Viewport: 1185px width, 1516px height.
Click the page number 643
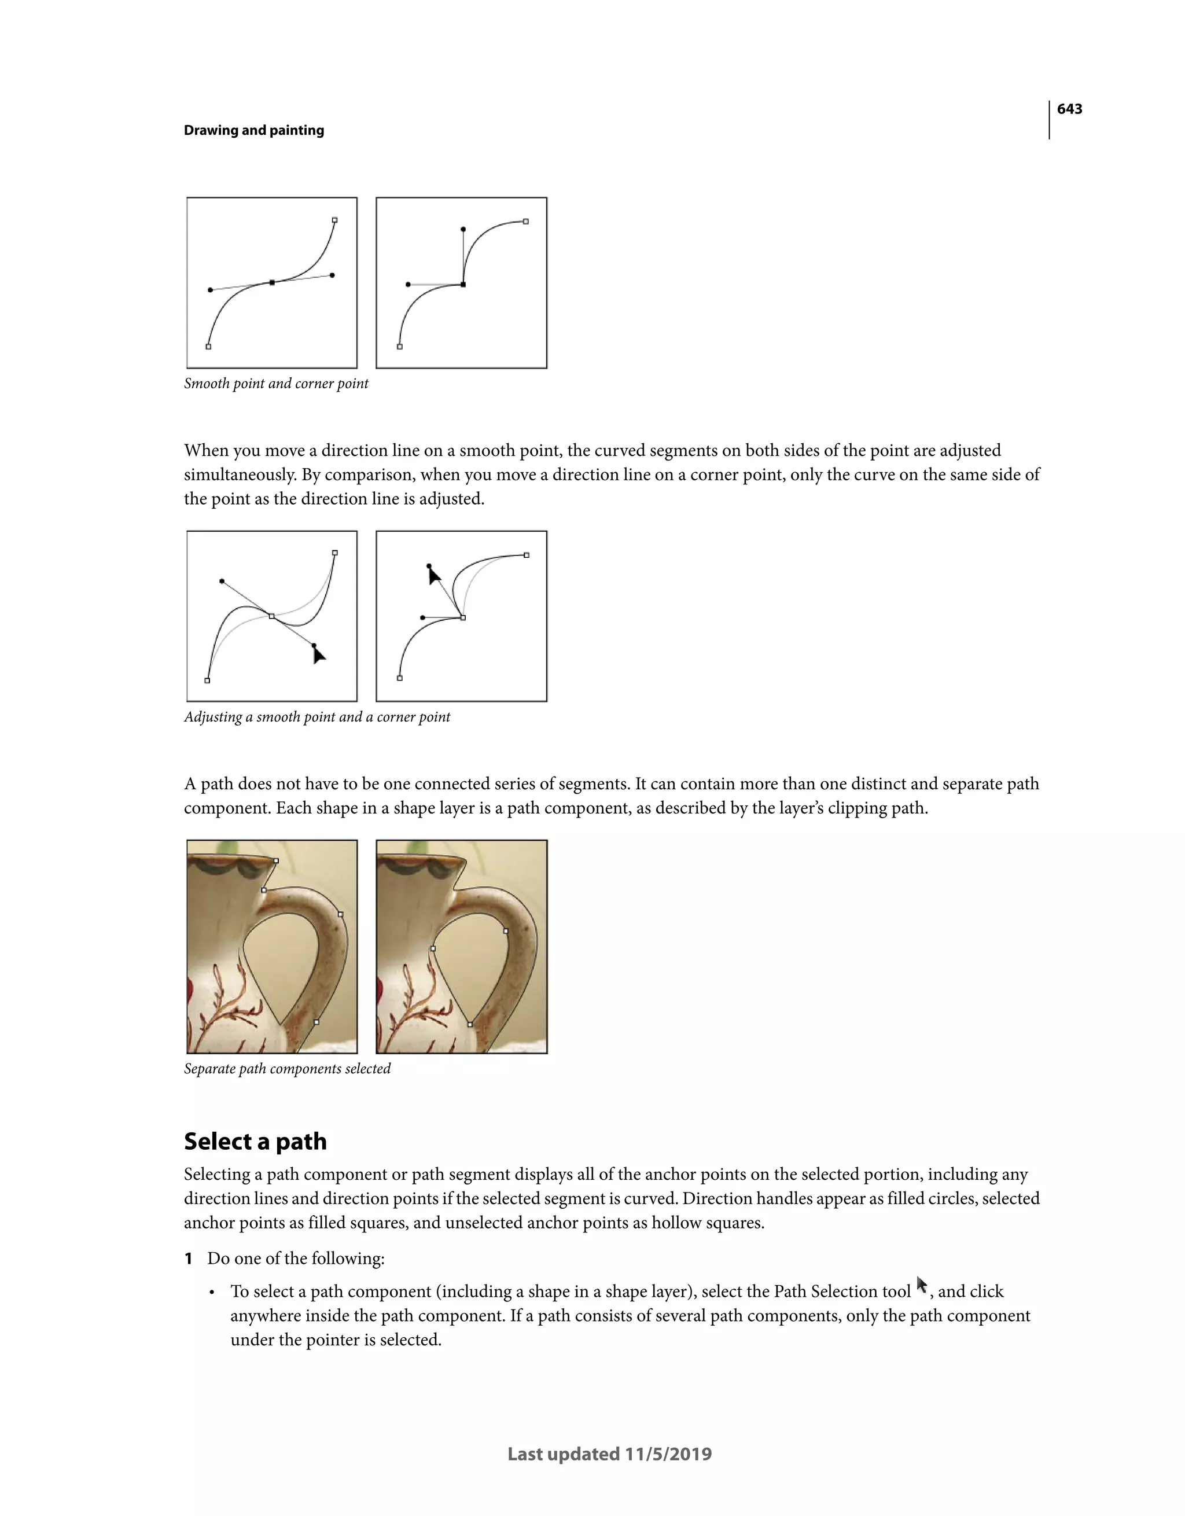(1069, 109)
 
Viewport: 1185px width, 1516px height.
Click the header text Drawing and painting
(253, 131)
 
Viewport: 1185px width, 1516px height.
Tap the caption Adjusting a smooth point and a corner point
(317, 717)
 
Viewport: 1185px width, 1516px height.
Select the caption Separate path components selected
(287, 1069)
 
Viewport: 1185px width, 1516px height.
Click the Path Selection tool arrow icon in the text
(921, 1286)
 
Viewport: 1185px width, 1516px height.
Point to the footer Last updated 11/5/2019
(609, 1454)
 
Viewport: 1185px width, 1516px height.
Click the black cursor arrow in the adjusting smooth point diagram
(318, 654)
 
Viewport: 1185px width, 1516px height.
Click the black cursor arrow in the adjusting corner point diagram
(434, 575)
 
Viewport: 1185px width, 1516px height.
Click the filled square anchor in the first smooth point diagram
(272, 282)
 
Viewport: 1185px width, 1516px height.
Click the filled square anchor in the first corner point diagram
(463, 285)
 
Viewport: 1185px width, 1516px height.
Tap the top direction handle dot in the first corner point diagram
(463, 229)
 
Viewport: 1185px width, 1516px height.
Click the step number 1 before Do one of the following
(188, 1259)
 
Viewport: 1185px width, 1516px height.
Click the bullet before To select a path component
(212, 1293)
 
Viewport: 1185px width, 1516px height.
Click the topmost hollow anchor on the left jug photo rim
(275, 861)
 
